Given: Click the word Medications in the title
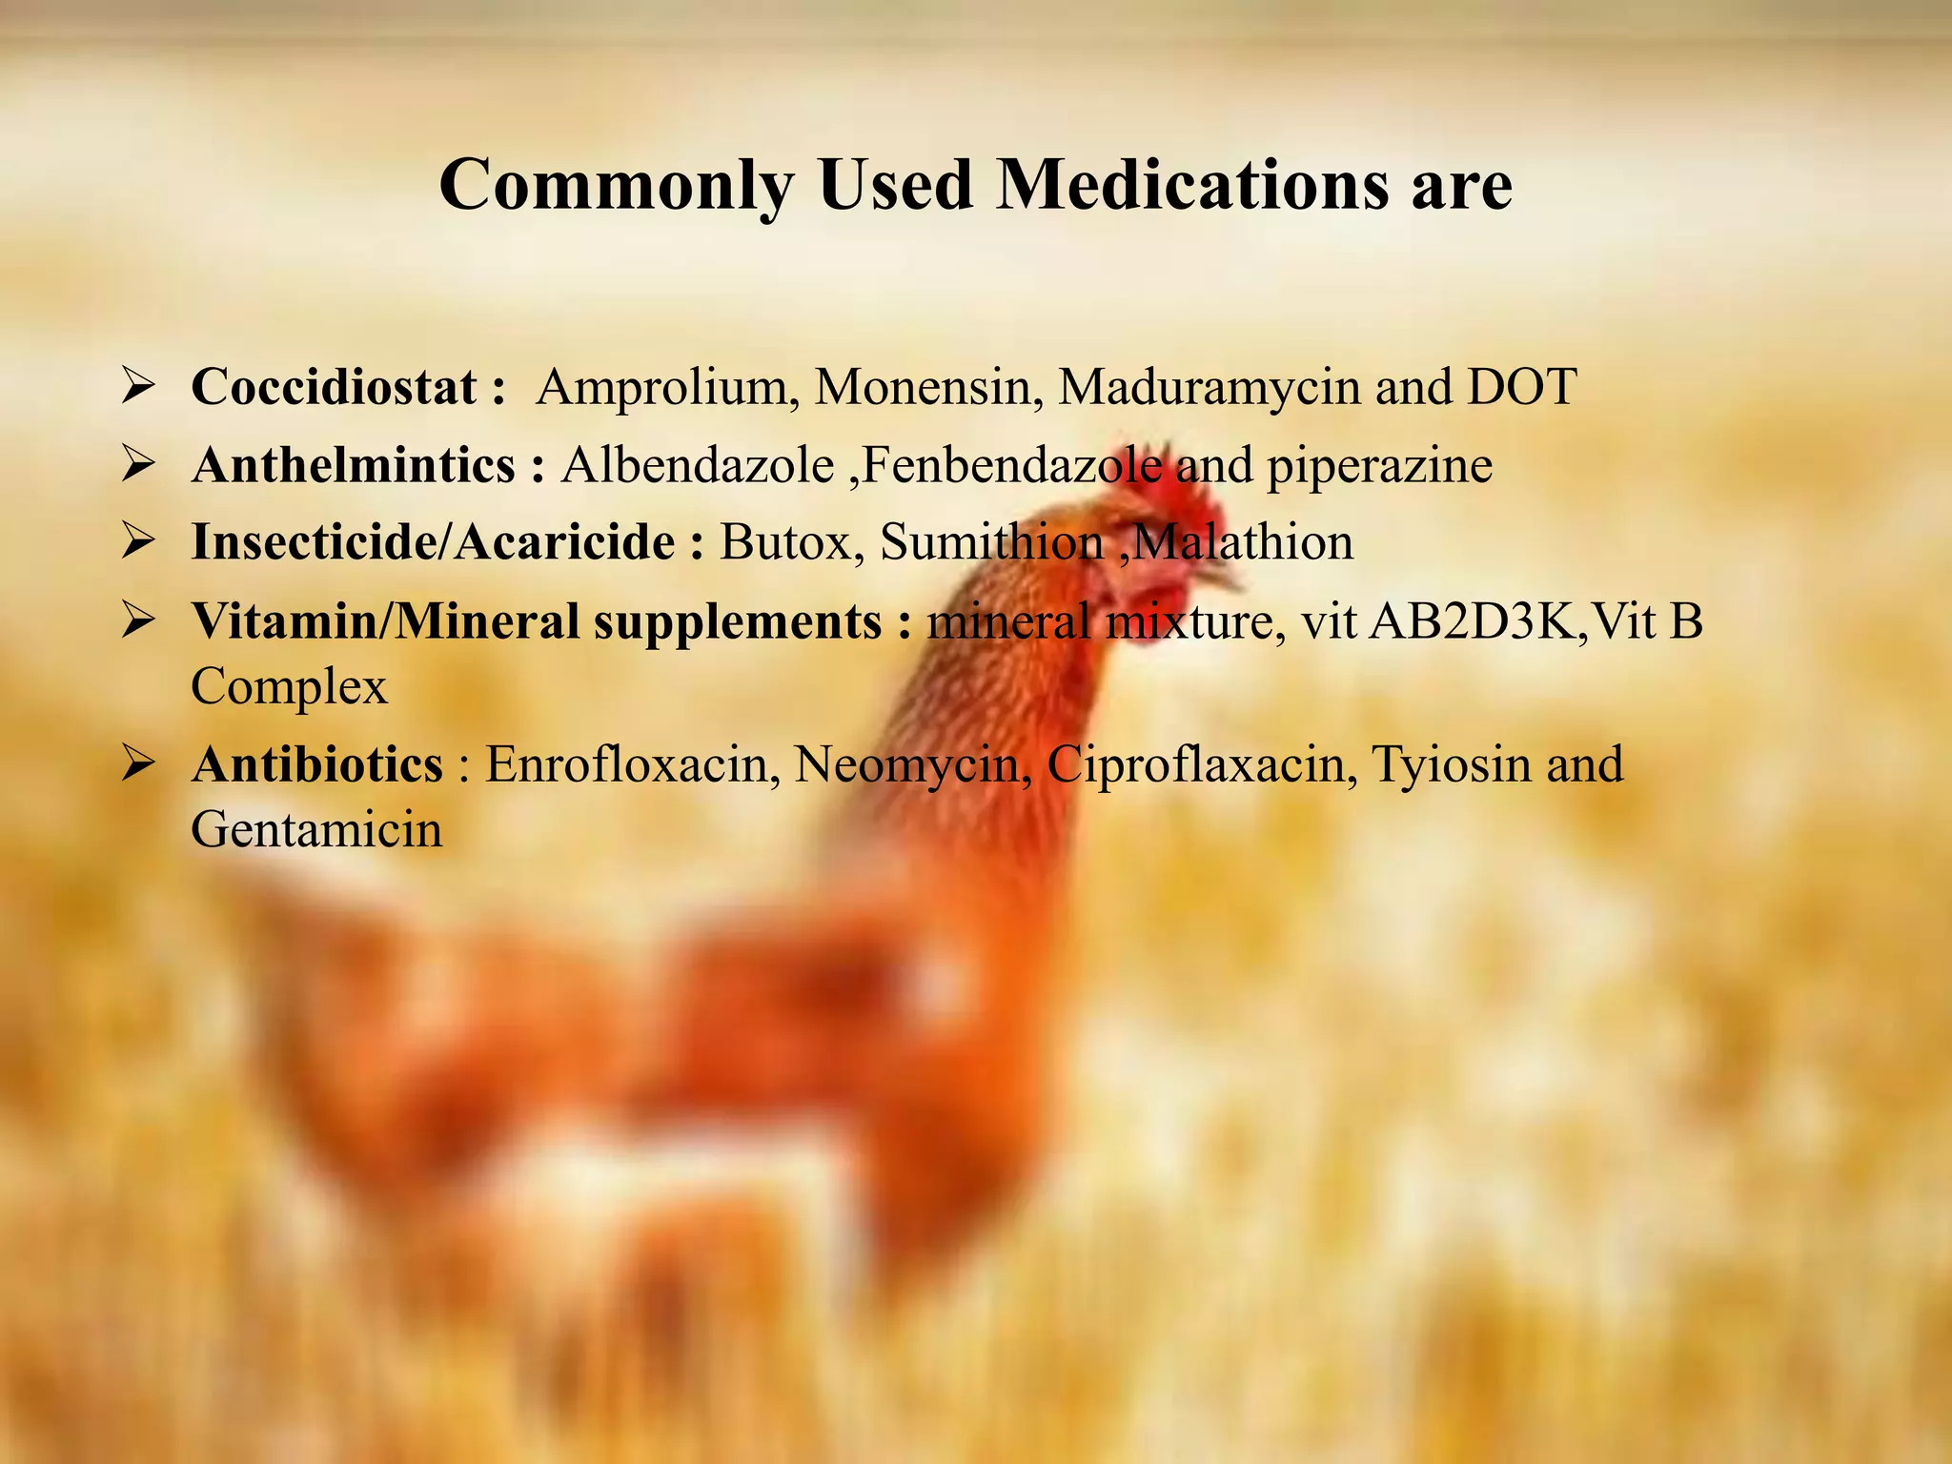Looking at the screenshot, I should click(x=1192, y=184).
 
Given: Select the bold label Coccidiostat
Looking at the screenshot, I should click(x=334, y=387).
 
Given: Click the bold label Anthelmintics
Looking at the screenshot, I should click(x=354, y=466).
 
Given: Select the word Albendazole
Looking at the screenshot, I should click(x=698, y=466).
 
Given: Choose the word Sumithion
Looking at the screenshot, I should click(x=991, y=542).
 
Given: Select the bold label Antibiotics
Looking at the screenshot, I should click(x=317, y=764).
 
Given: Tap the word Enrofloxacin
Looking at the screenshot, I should click(x=627, y=764).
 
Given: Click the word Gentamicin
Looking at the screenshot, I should click(x=316, y=830).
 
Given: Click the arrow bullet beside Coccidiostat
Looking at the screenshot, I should click(x=139, y=388).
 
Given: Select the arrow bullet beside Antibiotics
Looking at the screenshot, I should click(x=139, y=764).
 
